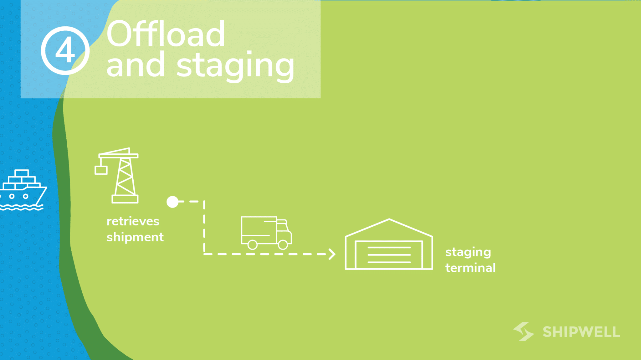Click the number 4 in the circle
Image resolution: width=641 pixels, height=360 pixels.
[x=65, y=50]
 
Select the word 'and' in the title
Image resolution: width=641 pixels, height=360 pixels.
[x=135, y=65]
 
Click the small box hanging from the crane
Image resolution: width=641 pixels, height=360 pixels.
[x=101, y=170]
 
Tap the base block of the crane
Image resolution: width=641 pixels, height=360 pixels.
[x=125, y=199]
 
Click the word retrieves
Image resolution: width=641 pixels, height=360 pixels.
[x=133, y=221]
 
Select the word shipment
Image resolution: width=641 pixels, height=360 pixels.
[x=135, y=237]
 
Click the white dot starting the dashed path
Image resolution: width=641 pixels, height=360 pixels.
[x=172, y=202]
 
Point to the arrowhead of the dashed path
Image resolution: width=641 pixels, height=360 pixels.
[x=332, y=254]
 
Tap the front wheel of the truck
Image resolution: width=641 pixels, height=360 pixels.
[x=283, y=244]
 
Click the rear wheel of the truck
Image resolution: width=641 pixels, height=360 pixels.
[x=253, y=244]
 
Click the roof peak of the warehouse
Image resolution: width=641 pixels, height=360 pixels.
[x=389, y=220]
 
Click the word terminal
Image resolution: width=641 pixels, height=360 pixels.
[x=470, y=268]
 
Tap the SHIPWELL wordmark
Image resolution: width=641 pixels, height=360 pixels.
[x=581, y=332]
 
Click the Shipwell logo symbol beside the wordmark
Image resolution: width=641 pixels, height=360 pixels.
[x=524, y=332]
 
